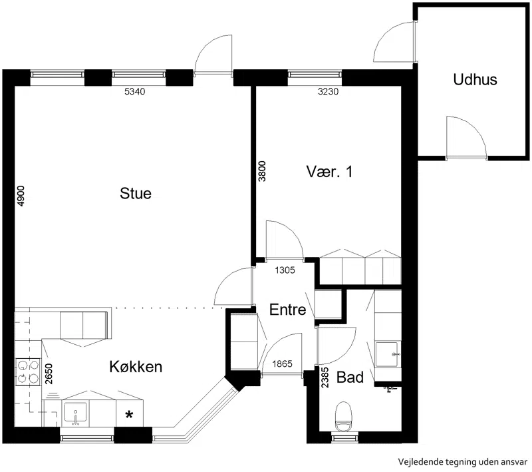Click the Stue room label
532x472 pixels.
point(136,193)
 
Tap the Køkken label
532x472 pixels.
point(136,367)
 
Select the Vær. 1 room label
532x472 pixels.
point(329,172)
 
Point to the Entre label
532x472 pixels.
point(287,310)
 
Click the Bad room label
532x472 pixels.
point(350,377)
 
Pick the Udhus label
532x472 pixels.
point(475,79)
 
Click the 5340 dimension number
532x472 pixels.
point(135,91)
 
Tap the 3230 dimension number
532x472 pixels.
point(328,91)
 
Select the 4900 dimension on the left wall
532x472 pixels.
point(21,196)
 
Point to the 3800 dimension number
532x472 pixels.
point(262,171)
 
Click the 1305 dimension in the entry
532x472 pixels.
point(285,270)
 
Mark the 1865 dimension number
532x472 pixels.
point(282,364)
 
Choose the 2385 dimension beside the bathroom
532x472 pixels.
point(325,377)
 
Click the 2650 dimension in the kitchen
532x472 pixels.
point(49,374)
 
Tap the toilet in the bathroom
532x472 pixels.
point(344,416)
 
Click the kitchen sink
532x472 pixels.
point(75,413)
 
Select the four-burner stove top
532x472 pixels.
point(27,371)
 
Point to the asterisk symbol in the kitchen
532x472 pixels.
point(129,415)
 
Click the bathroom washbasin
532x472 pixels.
point(387,355)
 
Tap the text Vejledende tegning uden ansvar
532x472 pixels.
point(463,462)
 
